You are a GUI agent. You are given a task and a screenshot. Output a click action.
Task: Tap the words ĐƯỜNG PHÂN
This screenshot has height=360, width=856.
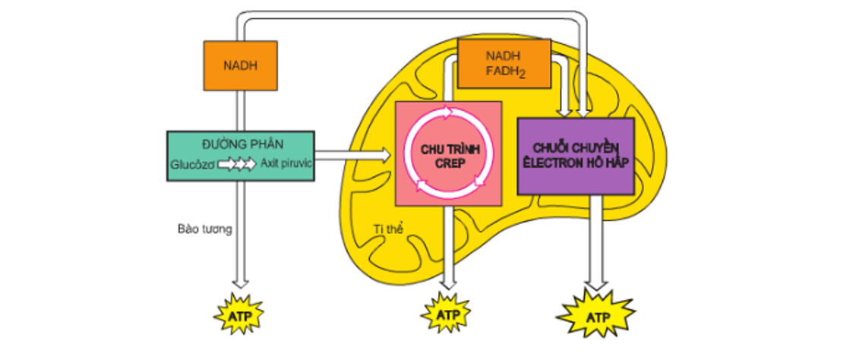point(240,144)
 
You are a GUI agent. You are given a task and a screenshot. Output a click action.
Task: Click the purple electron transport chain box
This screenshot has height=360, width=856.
point(576,156)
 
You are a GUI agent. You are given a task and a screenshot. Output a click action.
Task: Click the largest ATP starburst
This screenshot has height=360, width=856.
point(595,313)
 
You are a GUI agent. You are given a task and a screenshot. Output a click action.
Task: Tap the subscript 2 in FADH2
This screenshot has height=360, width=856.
point(523,75)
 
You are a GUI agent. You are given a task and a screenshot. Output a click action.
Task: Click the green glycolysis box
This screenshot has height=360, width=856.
point(240,155)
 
